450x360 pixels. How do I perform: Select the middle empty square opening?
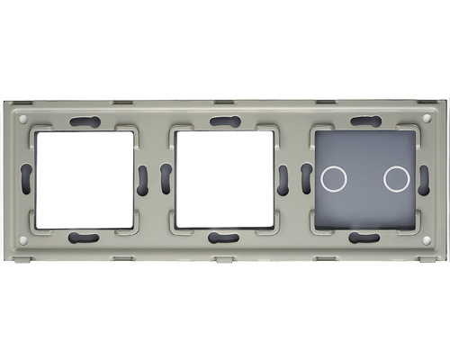point(224,179)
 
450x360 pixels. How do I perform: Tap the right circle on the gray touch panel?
point(395,178)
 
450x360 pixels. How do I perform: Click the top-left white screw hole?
point(22,117)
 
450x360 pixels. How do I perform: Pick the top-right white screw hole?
point(426,117)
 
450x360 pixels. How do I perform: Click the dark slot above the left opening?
point(83,121)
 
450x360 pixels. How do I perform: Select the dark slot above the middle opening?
point(223,121)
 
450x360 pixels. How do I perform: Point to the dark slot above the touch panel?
point(364,121)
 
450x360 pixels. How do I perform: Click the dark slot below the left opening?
point(83,238)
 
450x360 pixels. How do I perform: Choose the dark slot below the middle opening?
point(223,238)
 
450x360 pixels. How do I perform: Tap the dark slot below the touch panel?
point(364,238)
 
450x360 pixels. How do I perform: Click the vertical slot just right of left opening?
point(143,179)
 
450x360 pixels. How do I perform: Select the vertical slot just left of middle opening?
point(165,179)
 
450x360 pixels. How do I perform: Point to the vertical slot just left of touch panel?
point(305,179)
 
